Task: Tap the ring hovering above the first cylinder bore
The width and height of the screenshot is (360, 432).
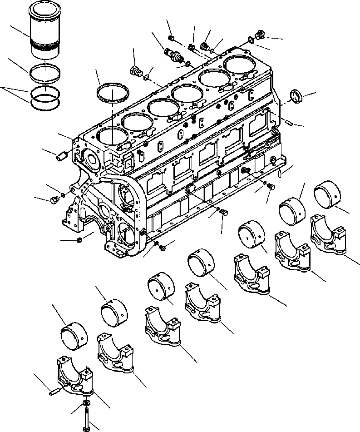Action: (x=113, y=93)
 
